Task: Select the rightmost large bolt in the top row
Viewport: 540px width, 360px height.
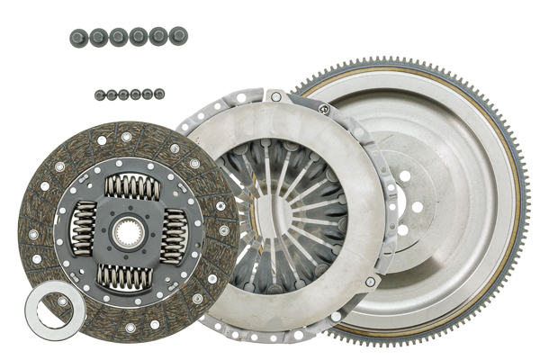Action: point(178,36)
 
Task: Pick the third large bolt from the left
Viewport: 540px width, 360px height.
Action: point(119,36)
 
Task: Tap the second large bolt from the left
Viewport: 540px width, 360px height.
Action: point(98,36)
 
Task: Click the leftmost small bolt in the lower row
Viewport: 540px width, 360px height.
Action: point(99,94)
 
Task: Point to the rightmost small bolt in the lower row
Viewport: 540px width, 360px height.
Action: point(159,93)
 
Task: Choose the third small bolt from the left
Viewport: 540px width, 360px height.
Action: point(123,94)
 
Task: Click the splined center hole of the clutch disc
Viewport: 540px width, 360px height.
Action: point(128,233)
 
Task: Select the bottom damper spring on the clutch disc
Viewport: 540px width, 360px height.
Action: point(124,277)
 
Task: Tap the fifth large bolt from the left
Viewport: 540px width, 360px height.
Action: point(158,36)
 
